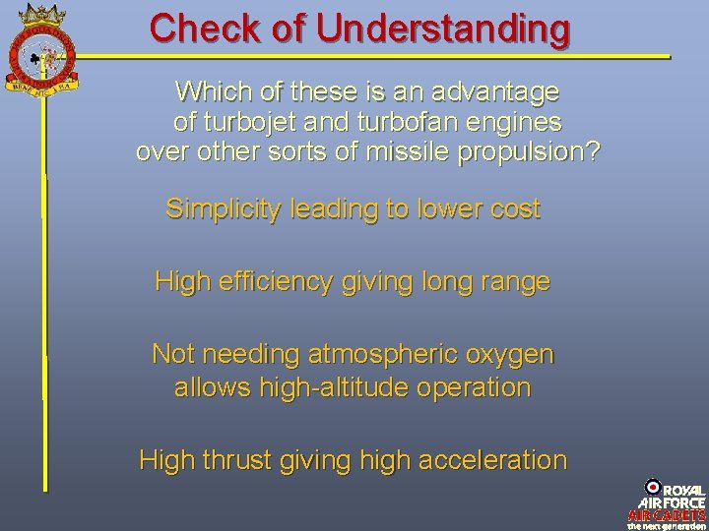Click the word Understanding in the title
444,28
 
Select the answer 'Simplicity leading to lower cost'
353,209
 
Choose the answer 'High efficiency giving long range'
353,282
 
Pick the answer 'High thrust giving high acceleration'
353,459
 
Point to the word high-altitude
335,387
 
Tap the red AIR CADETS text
666,514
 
